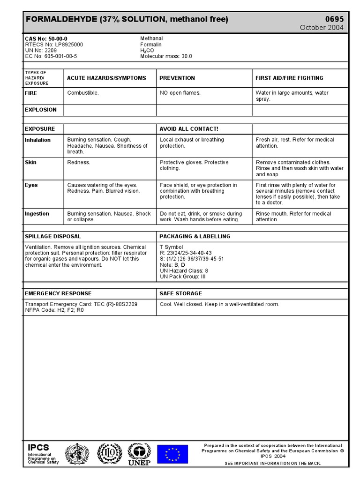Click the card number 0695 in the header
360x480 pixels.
pos(334,19)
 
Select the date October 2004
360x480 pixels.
pos(322,28)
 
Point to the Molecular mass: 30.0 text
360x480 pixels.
pos(166,56)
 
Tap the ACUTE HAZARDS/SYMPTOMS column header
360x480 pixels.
pos(106,78)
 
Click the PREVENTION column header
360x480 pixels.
pos(177,78)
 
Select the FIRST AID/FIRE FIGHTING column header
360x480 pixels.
pos(289,78)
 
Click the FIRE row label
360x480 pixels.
pos(31,93)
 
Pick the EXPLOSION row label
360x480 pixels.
pos(40,110)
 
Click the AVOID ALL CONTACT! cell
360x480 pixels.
pos(189,129)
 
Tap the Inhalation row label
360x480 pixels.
pos(37,140)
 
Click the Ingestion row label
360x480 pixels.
pos(37,214)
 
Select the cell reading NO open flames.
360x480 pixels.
pos(180,93)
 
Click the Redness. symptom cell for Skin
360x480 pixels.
pos(79,163)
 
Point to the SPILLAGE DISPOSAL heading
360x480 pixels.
pos(52,236)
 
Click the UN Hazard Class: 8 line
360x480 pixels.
pos(184,270)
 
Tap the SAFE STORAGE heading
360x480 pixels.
pos(180,293)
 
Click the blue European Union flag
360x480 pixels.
pos(172,454)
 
